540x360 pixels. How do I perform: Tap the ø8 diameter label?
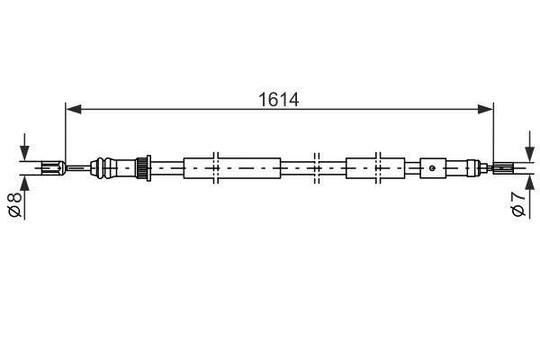pyautogui.click(x=14, y=204)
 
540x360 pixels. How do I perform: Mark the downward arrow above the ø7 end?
pyautogui.click(x=528, y=148)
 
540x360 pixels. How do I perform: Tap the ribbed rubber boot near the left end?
pyautogui.click(x=112, y=166)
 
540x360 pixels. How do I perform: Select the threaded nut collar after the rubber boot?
pyautogui.click(x=140, y=167)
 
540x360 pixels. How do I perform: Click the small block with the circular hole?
pyautogui.click(x=433, y=167)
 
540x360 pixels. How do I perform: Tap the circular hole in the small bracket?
pyautogui.click(x=433, y=166)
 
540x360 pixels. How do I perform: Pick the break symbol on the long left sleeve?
pyautogui.click(x=216, y=167)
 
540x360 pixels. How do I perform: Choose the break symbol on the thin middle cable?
pyautogui.click(x=316, y=167)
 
